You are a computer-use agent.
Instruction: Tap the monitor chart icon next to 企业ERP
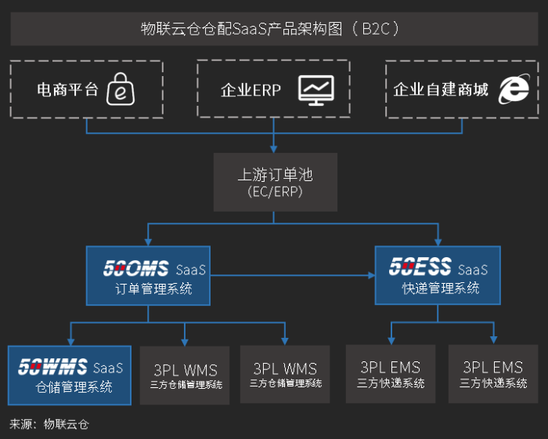tap(315, 89)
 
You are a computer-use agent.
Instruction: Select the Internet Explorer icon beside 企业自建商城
tap(514, 89)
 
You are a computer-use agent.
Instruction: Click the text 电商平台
tap(68, 90)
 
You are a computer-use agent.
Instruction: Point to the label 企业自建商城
tap(441, 90)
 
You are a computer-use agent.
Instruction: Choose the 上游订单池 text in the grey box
tap(275, 174)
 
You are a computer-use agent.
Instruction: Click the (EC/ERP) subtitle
tap(275, 192)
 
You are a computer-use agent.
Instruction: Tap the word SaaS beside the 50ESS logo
tap(473, 270)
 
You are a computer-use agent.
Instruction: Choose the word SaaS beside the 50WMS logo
tap(108, 368)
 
